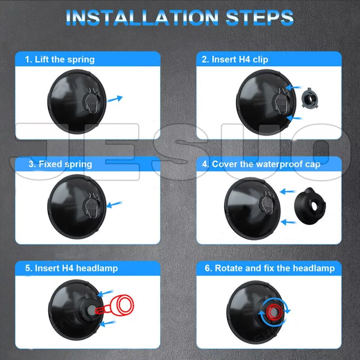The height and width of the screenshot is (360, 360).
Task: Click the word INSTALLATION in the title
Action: (142, 18)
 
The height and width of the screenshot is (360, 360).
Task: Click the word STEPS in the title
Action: (260, 18)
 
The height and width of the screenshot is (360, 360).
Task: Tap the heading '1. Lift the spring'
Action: (60, 59)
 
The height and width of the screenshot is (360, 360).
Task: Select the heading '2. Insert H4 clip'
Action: (235, 59)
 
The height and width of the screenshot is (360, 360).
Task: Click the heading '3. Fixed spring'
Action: (60, 164)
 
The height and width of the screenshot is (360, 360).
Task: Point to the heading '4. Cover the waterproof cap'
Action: (261, 164)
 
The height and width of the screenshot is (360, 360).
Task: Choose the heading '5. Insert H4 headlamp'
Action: (72, 268)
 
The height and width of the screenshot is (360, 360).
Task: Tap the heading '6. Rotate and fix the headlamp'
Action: (270, 268)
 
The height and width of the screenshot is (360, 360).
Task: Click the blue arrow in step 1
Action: (115, 99)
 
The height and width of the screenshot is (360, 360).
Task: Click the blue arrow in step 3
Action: (114, 204)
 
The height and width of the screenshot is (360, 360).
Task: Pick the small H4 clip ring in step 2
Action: (310, 99)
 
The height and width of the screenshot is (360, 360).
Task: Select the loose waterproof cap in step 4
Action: (310, 206)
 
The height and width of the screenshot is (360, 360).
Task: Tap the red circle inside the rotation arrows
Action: (273, 312)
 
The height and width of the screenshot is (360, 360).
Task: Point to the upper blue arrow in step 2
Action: (293, 87)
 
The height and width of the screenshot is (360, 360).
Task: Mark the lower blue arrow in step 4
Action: (288, 222)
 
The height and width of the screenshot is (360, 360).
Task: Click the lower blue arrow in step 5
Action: (107, 323)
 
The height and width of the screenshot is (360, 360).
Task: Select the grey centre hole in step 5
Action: (91, 310)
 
